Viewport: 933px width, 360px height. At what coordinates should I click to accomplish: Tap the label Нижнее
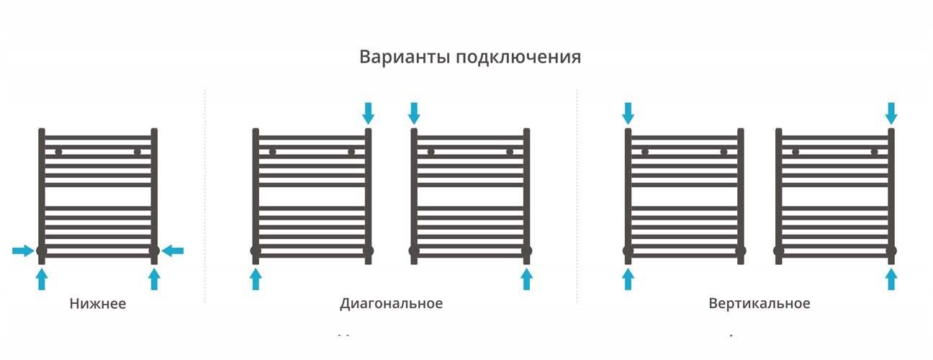pyautogui.click(x=98, y=304)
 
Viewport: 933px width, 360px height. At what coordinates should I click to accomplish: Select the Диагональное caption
pyautogui.click(x=391, y=304)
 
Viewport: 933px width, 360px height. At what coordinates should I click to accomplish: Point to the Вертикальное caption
pyautogui.click(x=759, y=304)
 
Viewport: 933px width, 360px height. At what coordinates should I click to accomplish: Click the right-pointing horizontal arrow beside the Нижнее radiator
pyautogui.click(x=23, y=251)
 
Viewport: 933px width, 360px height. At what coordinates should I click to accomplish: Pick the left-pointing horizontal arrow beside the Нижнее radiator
pyautogui.click(x=173, y=251)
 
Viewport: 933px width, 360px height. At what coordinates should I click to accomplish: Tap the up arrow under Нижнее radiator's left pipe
pyautogui.click(x=42, y=279)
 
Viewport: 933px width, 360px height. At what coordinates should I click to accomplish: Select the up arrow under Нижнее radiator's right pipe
pyautogui.click(x=154, y=279)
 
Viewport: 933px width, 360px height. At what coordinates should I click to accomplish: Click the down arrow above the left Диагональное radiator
pyautogui.click(x=369, y=113)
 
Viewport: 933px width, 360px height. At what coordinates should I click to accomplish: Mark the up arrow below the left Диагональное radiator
pyautogui.click(x=256, y=279)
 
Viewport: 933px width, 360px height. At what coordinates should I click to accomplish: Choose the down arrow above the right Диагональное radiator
pyautogui.click(x=414, y=113)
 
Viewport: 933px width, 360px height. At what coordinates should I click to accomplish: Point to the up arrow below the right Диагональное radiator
pyautogui.click(x=526, y=279)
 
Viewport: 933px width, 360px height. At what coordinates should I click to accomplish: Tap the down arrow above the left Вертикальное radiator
pyautogui.click(x=628, y=113)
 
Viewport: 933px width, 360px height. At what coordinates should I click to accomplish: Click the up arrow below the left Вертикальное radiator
pyautogui.click(x=628, y=279)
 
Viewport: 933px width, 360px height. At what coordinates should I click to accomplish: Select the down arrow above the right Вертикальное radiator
pyautogui.click(x=891, y=113)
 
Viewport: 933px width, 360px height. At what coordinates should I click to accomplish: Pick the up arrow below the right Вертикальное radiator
pyautogui.click(x=891, y=279)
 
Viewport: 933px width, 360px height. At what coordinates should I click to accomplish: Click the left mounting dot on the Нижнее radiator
pyautogui.click(x=58, y=152)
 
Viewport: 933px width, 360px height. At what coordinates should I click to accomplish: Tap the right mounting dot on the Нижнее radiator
pyautogui.click(x=137, y=152)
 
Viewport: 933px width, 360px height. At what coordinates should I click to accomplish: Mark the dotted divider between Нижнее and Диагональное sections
pyautogui.click(x=205, y=194)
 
